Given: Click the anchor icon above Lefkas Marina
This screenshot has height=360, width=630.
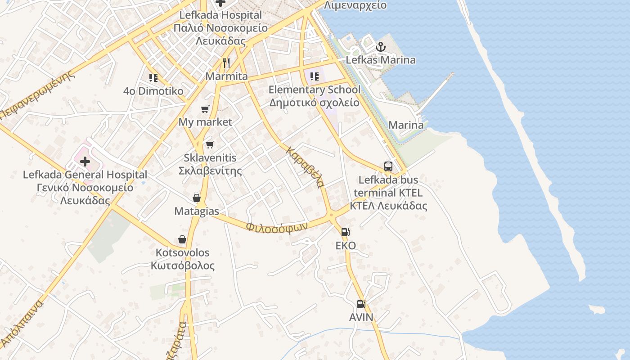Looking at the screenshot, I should click(381, 46).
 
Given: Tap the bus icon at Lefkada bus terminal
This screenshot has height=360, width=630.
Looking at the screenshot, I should click(388, 166).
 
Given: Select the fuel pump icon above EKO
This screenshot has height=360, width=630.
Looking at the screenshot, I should click(345, 232).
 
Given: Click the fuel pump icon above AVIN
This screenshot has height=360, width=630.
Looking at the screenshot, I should click(361, 304).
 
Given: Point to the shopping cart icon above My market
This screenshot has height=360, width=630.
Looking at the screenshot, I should click(205, 109).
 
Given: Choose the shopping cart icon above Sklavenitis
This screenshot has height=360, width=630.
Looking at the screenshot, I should click(210, 144).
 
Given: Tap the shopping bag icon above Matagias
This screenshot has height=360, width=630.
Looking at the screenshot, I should click(197, 198).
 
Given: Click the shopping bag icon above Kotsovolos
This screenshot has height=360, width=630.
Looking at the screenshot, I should click(182, 239).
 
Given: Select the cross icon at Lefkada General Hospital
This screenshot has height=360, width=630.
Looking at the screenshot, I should click(85, 162).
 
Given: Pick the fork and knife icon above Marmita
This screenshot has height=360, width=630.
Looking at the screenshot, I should click(226, 63).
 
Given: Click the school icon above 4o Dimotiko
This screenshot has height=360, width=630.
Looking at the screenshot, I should click(153, 78).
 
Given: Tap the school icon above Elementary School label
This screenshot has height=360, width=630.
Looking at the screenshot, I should click(314, 76).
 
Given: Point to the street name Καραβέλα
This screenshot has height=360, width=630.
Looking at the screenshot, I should click(305, 167).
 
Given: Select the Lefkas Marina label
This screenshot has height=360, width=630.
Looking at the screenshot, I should click(381, 60).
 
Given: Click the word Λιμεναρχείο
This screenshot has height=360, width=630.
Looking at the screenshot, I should click(355, 5).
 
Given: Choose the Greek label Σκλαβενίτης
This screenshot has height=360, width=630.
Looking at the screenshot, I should click(210, 171).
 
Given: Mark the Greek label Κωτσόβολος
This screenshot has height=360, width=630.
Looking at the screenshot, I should click(183, 265).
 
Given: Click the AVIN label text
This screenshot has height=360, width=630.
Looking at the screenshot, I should click(361, 317).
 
